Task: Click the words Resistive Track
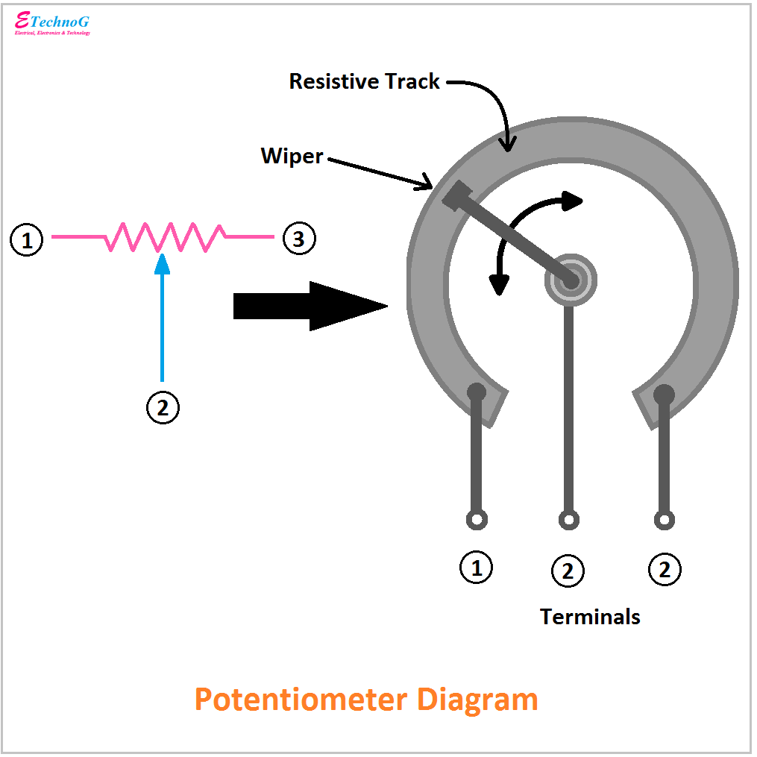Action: pos(364,81)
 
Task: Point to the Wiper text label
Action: pos(292,156)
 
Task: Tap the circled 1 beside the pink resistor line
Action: pos(27,240)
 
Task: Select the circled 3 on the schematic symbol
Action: pos(298,239)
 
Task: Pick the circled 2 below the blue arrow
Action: pos(163,407)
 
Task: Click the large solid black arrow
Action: pos(310,306)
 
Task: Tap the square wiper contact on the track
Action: pos(456,195)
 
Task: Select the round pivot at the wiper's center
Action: pos(571,280)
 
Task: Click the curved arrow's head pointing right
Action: pos(572,201)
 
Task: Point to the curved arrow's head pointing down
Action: pos(498,284)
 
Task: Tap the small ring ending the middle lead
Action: pos(569,519)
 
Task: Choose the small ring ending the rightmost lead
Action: pos(664,519)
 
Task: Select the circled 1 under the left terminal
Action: pos(476,568)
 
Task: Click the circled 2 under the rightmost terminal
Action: pos(665,571)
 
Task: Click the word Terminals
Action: pos(590,617)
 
